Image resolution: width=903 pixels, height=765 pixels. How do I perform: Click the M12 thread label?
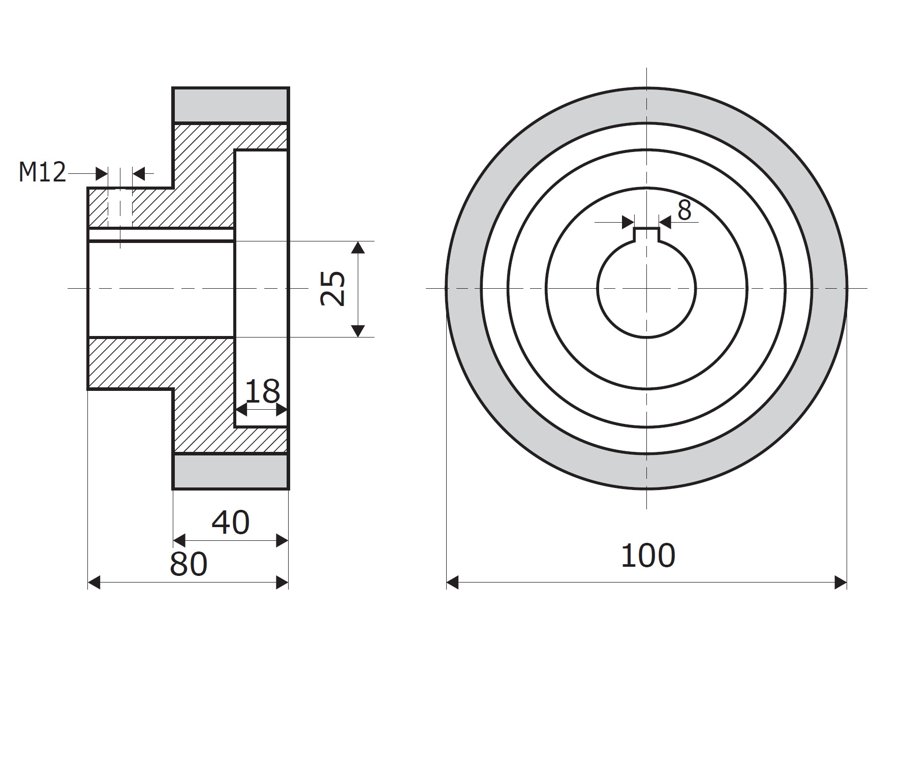(x=43, y=172)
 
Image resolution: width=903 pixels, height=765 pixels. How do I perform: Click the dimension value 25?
(x=333, y=289)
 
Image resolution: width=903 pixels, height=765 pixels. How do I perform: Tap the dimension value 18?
(x=262, y=391)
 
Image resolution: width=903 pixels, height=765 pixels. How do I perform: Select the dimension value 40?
(x=230, y=523)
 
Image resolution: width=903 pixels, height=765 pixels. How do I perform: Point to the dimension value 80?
(x=189, y=564)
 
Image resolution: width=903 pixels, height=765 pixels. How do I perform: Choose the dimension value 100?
(x=648, y=556)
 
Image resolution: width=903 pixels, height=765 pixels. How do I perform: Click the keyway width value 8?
(x=684, y=210)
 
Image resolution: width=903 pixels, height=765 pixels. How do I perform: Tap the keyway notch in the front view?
(x=646, y=235)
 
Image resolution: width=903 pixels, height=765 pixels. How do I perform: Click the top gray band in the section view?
(x=231, y=106)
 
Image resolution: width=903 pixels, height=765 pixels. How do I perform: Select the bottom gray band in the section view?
(x=231, y=471)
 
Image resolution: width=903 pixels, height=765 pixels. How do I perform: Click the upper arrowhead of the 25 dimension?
(x=358, y=248)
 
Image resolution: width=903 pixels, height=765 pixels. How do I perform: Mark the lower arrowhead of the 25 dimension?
(x=358, y=330)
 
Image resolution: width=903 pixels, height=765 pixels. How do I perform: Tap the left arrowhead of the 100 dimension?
(x=453, y=583)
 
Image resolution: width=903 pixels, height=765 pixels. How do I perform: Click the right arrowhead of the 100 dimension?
(x=840, y=583)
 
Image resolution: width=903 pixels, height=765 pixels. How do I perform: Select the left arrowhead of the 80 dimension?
(x=94, y=583)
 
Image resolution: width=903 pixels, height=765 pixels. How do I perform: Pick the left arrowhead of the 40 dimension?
(x=179, y=540)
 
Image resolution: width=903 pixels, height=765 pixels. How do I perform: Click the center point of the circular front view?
(x=646, y=288)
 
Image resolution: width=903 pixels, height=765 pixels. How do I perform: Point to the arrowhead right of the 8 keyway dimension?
(x=665, y=222)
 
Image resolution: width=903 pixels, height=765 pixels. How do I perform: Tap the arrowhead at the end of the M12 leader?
(x=102, y=174)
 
